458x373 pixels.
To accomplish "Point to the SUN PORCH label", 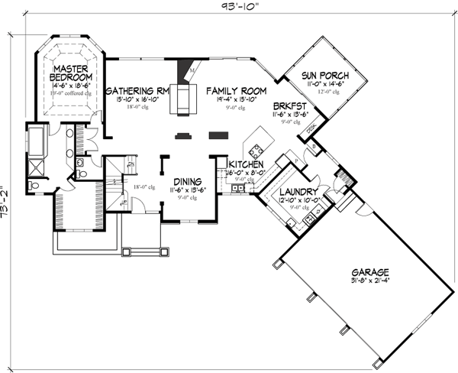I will (324, 76).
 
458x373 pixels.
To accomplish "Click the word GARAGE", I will (370, 272).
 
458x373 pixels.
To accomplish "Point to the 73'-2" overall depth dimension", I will (7, 202).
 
